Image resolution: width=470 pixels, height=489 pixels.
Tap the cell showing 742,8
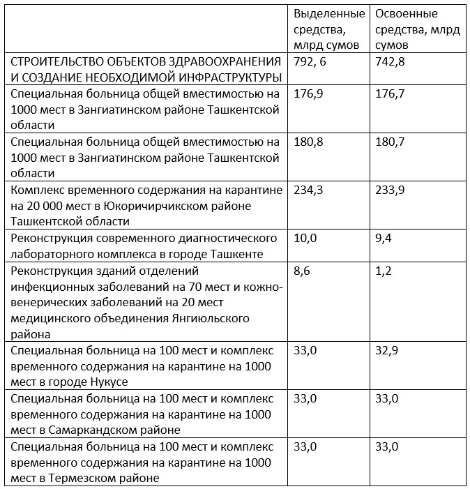[x=390, y=61]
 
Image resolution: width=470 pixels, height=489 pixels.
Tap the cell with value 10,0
[x=305, y=238]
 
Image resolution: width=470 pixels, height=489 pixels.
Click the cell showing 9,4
[x=384, y=238]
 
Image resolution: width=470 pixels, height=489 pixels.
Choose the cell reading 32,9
[x=387, y=350]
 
